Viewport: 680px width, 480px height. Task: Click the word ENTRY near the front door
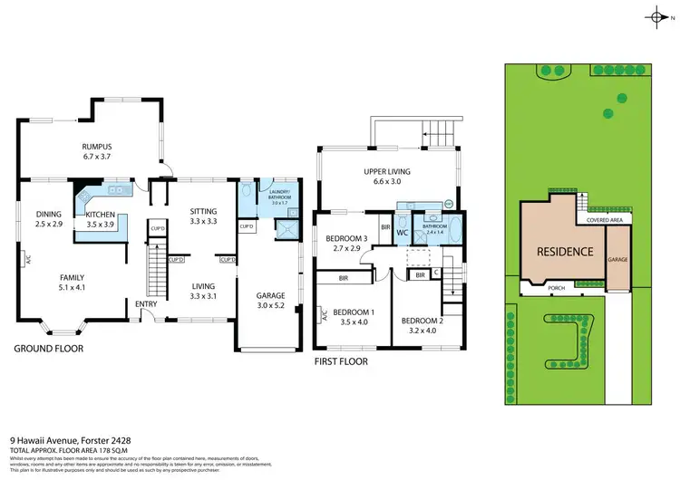point(146,305)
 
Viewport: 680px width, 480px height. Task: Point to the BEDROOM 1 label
point(353,316)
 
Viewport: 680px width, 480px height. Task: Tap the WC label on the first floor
point(402,233)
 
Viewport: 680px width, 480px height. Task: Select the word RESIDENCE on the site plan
point(564,252)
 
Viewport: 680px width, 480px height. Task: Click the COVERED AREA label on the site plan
point(603,219)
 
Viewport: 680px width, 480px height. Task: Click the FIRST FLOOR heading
point(342,360)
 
